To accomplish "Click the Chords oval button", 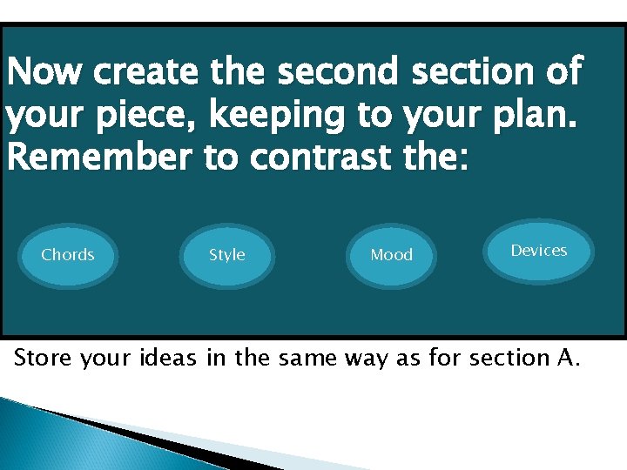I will [68, 255].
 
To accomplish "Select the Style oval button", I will [227, 255].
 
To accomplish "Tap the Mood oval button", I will [391, 255].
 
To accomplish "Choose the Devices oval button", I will [538, 251].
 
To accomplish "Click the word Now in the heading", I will [44, 72].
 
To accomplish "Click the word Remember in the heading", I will [95, 157].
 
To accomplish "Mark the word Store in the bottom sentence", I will [44, 358].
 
